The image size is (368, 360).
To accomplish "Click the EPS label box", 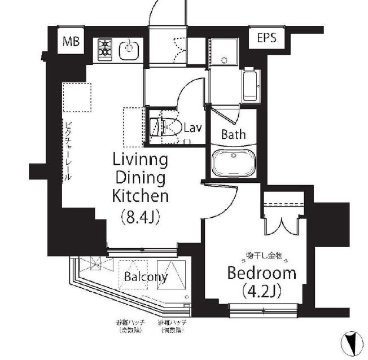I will click(267, 39).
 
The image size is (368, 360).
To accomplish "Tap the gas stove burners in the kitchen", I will click(106, 49).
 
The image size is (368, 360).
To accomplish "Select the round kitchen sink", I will click(129, 49).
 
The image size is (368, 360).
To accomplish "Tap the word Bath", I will click(233, 134).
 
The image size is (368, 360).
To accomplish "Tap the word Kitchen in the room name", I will click(141, 197).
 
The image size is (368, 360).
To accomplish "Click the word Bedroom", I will click(261, 274).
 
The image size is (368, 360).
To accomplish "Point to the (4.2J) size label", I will click(261, 291).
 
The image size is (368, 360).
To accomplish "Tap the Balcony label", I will click(146, 277).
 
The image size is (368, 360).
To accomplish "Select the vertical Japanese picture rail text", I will click(68, 150).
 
